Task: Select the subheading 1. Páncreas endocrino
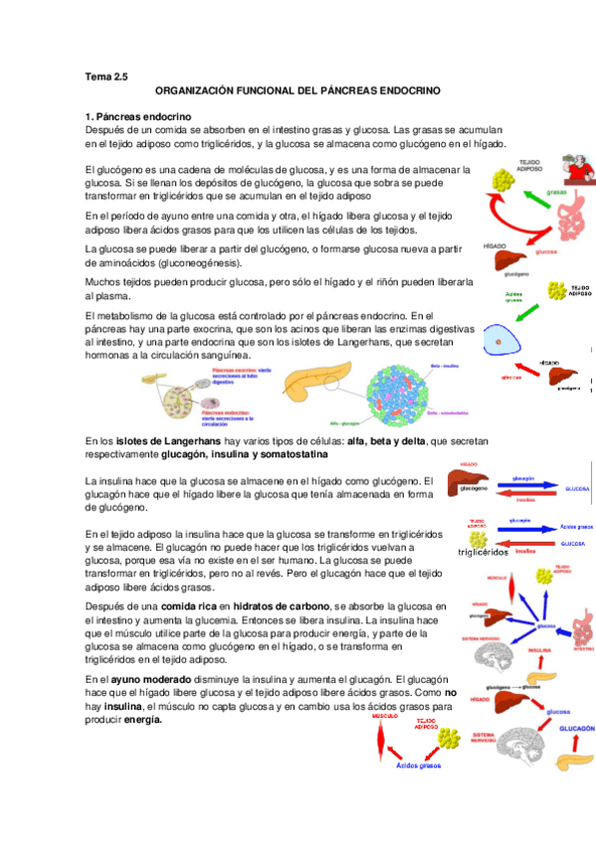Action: (x=131, y=116)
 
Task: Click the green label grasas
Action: (x=555, y=192)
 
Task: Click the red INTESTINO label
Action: (x=582, y=648)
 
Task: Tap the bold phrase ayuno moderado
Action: (x=151, y=678)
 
